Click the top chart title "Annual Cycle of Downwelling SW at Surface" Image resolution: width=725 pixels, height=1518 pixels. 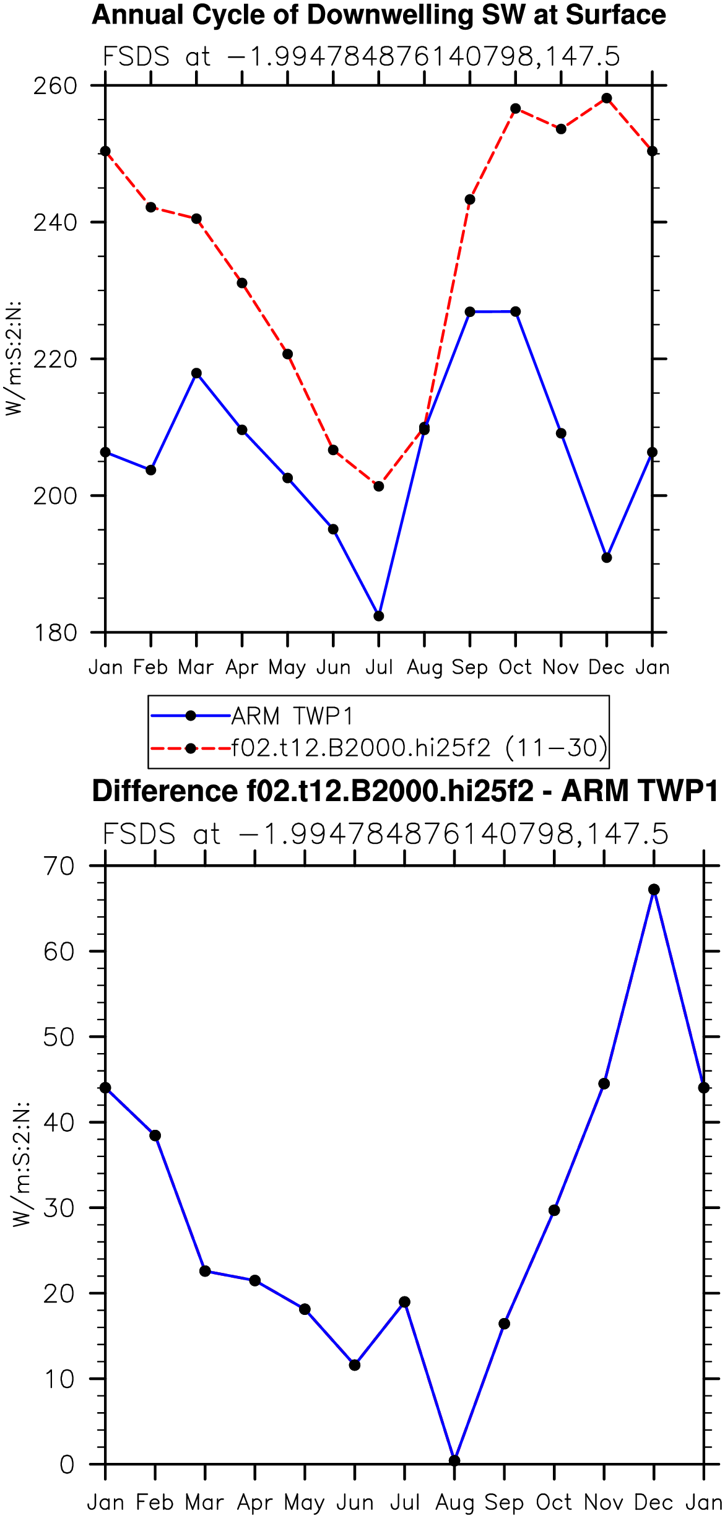point(379,15)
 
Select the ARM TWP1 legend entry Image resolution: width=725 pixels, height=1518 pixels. point(252,716)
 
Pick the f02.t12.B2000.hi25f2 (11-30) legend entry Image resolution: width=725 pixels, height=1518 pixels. point(379,748)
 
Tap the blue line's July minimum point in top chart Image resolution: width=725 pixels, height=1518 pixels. point(379,616)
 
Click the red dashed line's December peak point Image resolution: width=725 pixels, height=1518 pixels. point(607,98)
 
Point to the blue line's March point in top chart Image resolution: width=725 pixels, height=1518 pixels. point(196,373)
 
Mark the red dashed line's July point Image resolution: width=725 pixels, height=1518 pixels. point(379,487)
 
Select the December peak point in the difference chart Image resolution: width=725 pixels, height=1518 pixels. point(654,890)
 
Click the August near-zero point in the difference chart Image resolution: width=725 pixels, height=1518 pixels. point(454,1460)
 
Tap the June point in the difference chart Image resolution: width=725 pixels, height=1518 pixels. point(355,1365)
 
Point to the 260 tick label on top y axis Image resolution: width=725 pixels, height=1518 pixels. point(55,85)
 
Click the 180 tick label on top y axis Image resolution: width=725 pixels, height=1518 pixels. point(55,633)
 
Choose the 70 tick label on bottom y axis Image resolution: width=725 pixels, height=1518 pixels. point(59,866)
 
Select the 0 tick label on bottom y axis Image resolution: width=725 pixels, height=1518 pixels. point(67,1465)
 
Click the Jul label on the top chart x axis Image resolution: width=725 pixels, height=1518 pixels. point(379,667)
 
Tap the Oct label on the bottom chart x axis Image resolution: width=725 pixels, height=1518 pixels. point(554,1503)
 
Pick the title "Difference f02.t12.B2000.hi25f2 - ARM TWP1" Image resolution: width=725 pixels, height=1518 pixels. point(406,791)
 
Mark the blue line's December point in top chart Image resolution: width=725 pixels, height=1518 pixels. point(607,558)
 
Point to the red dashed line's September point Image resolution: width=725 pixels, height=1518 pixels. point(470,199)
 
